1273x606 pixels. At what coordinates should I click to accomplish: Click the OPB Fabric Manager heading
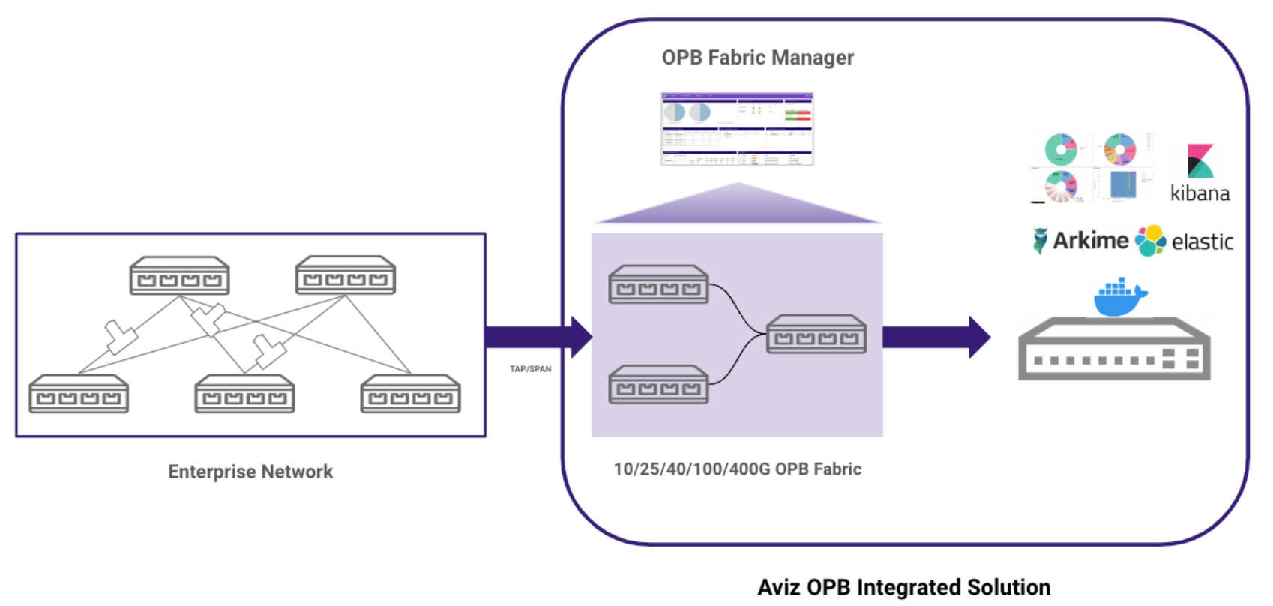coord(757,58)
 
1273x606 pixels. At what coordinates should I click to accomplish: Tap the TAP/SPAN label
coord(530,369)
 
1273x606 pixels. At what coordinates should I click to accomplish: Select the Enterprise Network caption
coord(250,472)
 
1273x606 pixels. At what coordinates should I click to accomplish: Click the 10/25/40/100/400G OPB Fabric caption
coord(738,469)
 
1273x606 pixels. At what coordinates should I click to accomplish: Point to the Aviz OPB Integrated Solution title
coord(903,587)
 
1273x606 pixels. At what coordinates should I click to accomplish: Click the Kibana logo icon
coord(1200,161)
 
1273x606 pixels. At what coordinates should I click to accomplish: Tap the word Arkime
coord(1090,241)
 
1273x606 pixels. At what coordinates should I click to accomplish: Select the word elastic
coord(1202,242)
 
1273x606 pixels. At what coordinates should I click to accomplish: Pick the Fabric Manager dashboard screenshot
coord(737,129)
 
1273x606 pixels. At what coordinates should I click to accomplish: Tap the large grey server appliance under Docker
coord(1114,349)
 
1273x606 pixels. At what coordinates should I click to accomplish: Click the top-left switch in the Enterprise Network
coord(179,275)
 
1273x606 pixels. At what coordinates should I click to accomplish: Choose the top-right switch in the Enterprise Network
coord(345,275)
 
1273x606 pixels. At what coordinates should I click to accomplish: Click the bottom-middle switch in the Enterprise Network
coord(244,394)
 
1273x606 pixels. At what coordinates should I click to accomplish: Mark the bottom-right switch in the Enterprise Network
coord(410,394)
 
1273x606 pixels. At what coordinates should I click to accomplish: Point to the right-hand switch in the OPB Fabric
coord(816,334)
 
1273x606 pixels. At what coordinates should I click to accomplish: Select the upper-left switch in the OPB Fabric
coord(658,284)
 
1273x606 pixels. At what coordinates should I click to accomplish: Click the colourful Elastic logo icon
coord(1150,241)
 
